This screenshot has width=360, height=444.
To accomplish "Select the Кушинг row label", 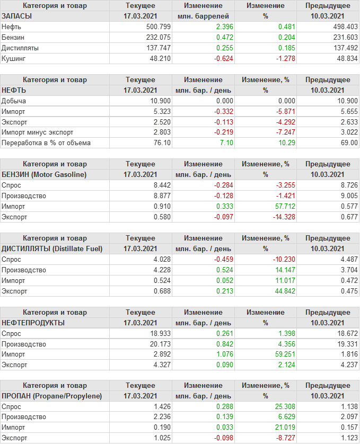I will click(x=14, y=58).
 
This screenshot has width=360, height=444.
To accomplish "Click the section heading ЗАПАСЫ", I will click(x=17, y=16).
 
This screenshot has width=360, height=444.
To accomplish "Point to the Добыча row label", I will click(x=14, y=101).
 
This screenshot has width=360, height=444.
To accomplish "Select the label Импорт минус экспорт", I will click(x=38, y=132).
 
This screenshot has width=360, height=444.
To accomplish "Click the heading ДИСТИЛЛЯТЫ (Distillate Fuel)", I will click(x=52, y=248).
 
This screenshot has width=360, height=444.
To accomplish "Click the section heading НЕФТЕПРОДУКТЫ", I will click(x=33, y=323).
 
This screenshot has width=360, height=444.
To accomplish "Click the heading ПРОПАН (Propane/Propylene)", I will click(x=52, y=396).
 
